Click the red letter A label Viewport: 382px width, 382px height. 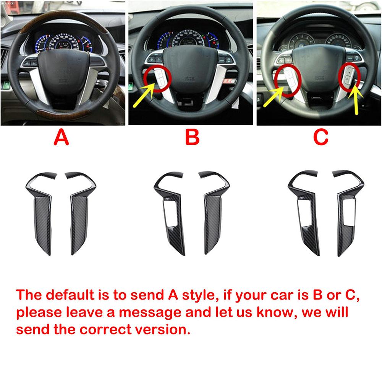(x=62, y=137)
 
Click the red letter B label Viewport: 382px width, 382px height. (x=192, y=137)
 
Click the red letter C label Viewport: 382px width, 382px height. (x=320, y=137)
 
